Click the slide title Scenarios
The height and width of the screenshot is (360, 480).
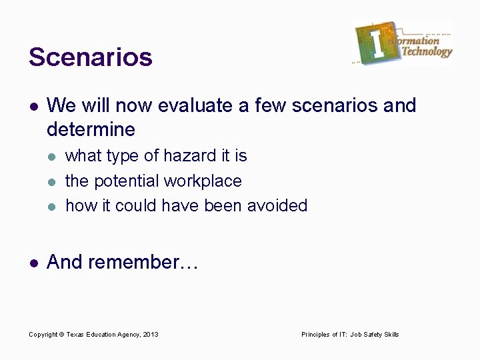point(91,57)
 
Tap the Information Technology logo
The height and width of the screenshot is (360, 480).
point(403,43)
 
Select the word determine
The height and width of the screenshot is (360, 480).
point(91,128)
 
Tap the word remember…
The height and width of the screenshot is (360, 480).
point(143,263)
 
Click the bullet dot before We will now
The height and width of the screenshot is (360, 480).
point(33,106)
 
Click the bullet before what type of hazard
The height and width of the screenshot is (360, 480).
point(53,157)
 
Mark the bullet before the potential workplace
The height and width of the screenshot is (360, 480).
point(53,181)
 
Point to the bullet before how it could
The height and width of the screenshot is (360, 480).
point(53,206)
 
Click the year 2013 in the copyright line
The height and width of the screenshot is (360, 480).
point(151,334)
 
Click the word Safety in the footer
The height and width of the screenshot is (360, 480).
point(373,334)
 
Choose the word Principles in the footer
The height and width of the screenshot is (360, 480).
point(316,334)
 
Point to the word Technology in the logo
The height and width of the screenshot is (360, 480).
point(427,52)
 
